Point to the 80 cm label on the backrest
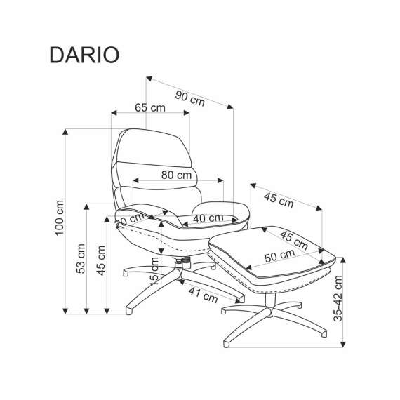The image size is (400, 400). [x=176, y=175]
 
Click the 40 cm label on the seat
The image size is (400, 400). [x=208, y=218]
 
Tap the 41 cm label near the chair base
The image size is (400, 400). [x=203, y=295]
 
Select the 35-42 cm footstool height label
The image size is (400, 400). [x=339, y=298]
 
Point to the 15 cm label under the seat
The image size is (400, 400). [x=156, y=270]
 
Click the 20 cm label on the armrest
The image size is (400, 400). [x=127, y=221]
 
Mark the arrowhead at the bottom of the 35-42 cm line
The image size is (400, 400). [x=344, y=343]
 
